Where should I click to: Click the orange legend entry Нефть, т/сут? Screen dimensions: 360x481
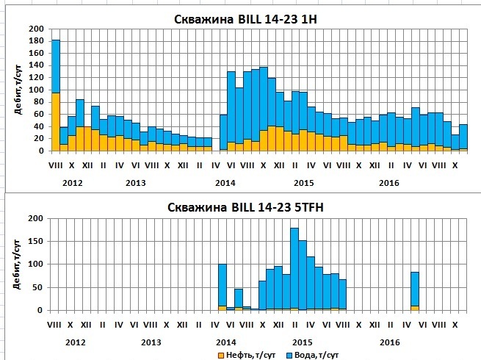243,356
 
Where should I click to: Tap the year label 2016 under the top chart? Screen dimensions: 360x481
389,181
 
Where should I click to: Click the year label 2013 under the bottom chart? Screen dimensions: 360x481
151,343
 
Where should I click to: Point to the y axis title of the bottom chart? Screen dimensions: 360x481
14,264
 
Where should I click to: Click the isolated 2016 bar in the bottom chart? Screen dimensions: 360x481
415,291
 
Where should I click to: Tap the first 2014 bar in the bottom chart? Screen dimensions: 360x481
223,287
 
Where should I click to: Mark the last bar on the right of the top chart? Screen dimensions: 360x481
463,137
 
